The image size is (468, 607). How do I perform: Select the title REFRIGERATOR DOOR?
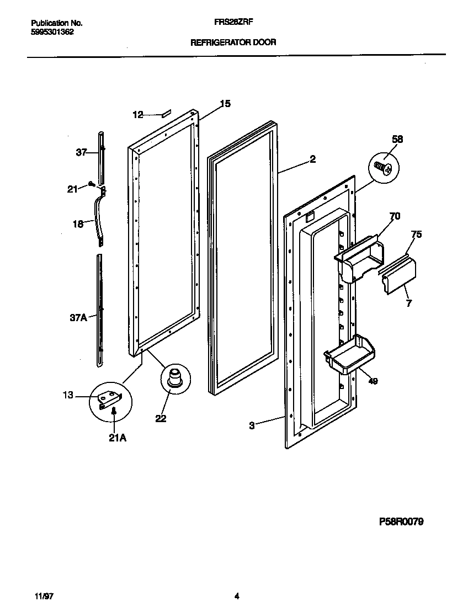[233, 42]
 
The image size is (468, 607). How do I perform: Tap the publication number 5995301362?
[52, 32]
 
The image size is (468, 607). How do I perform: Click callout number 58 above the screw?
[397, 140]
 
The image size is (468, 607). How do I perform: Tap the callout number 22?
[161, 418]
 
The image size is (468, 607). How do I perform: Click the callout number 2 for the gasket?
[312, 159]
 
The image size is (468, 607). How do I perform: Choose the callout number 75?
[416, 234]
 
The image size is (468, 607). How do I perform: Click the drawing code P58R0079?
[401, 522]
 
